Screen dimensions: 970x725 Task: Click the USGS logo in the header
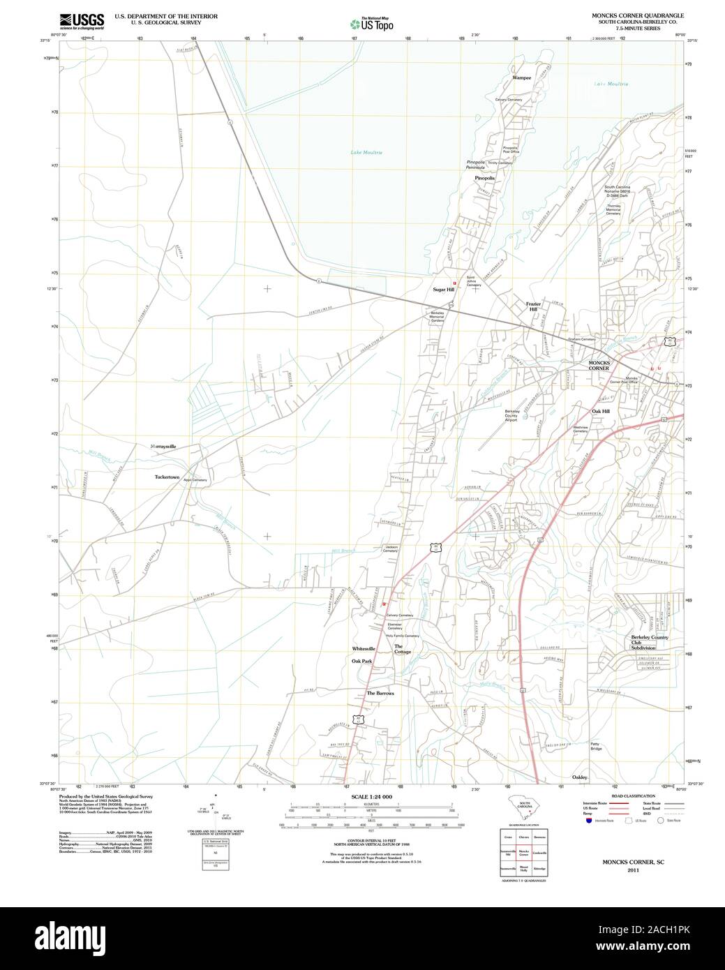tap(82, 20)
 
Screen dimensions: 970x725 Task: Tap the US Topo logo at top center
tap(371, 23)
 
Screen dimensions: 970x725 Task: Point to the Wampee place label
tap(521, 78)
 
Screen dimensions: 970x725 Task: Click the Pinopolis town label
tap(484, 178)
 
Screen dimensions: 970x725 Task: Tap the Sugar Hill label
tap(443, 289)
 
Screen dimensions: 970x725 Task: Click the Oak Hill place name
tap(601, 411)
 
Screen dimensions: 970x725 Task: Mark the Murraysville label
tap(163, 445)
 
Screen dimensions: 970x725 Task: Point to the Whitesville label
tap(364, 648)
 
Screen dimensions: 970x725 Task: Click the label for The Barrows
tap(380, 693)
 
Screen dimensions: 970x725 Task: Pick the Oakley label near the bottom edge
tap(580, 777)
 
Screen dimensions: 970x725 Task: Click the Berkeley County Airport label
tap(511, 416)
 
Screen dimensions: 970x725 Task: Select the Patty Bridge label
tap(595, 746)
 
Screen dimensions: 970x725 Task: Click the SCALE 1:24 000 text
tap(372, 797)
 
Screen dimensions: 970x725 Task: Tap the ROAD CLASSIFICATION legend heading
tap(634, 796)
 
